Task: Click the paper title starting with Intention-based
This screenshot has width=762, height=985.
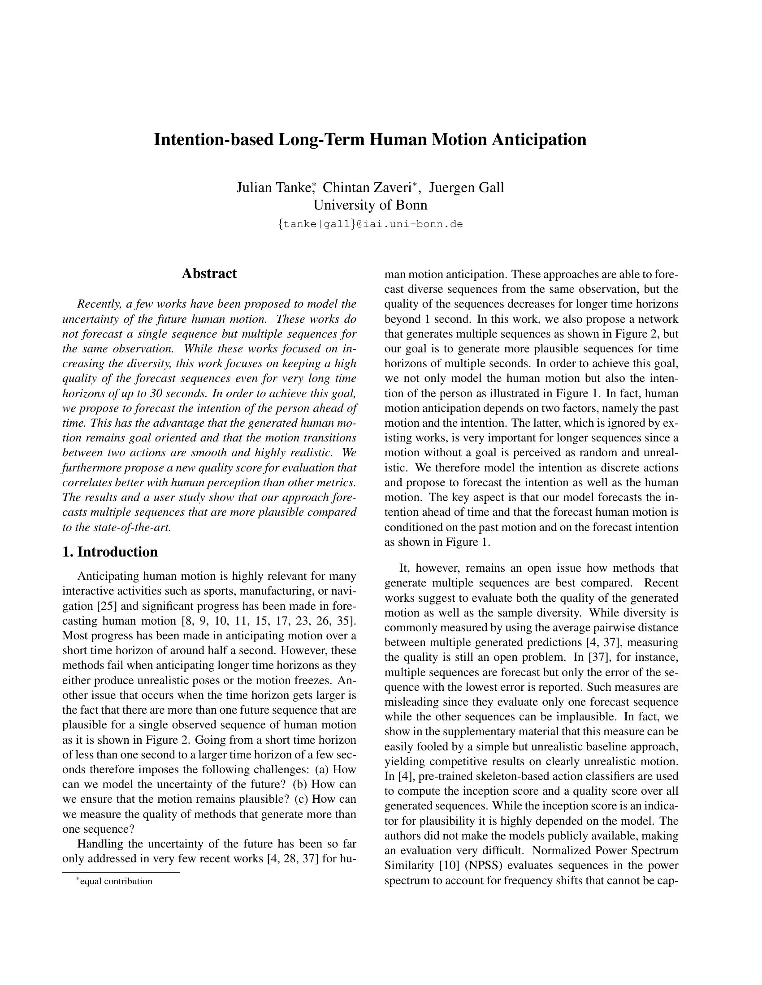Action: click(x=370, y=139)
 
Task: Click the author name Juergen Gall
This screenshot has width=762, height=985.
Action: click(x=466, y=187)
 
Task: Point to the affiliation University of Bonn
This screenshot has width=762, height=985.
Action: click(x=370, y=205)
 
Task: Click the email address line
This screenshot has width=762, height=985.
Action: click(x=370, y=224)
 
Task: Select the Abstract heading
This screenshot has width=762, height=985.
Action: click(x=209, y=273)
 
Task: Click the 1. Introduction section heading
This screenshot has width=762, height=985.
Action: click(x=110, y=552)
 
